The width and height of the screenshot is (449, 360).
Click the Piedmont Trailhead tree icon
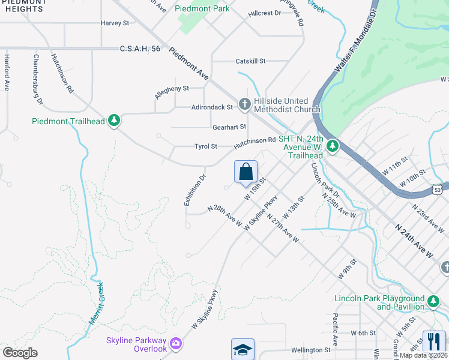pyautogui.click(x=114, y=121)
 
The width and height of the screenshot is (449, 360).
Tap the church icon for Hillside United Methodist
pyautogui.click(x=244, y=105)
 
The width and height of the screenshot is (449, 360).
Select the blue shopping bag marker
pyautogui.click(x=246, y=172)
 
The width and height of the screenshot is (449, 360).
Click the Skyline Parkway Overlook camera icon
pyautogui.click(x=175, y=343)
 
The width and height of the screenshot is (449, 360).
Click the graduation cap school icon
pyautogui.click(x=243, y=349)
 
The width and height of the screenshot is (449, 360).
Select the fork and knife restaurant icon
pyautogui.click(x=434, y=341)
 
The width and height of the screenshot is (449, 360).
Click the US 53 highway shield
pyautogui.click(x=438, y=190)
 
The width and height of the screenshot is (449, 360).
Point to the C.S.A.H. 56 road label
pyautogui.click(x=140, y=49)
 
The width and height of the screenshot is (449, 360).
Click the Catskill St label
pyautogui.click(x=250, y=61)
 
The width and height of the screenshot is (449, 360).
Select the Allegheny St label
pyautogui.click(x=172, y=88)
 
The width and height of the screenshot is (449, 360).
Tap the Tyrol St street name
pyautogui.click(x=205, y=146)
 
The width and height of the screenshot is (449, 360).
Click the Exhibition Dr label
pyautogui.click(x=194, y=190)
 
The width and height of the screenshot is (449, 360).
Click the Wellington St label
pyautogui.click(x=311, y=350)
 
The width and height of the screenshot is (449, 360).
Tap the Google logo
pyautogui.click(x=20, y=352)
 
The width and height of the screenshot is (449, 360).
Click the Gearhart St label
pyautogui.click(x=229, y=127)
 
